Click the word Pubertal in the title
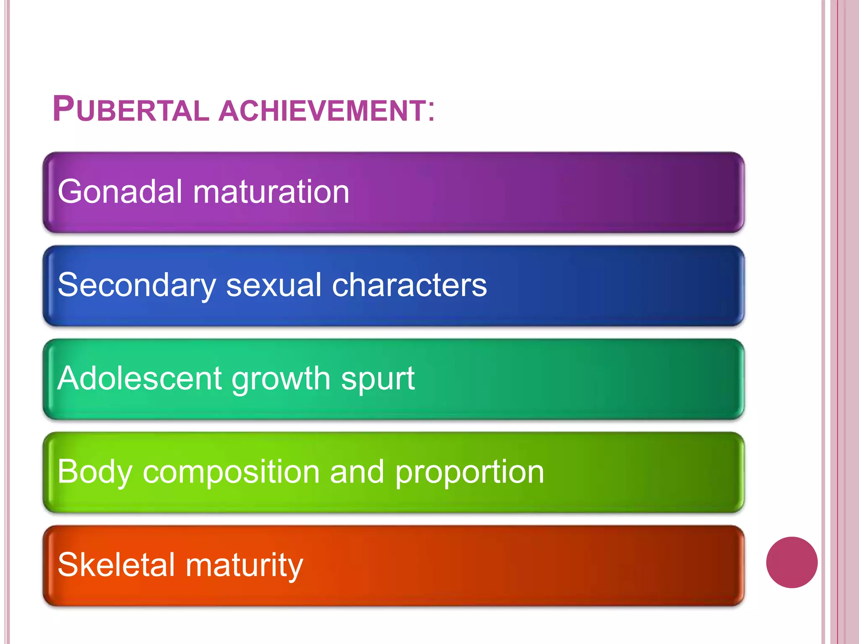point(130,109)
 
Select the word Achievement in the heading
point(323,111)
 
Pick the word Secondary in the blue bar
point(136,286)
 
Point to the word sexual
point(276,285)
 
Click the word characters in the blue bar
point(409,285)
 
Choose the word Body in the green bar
point(94,472)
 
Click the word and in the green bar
point(357,472)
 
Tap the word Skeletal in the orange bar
point(116,565)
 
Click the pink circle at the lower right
point(791,562)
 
